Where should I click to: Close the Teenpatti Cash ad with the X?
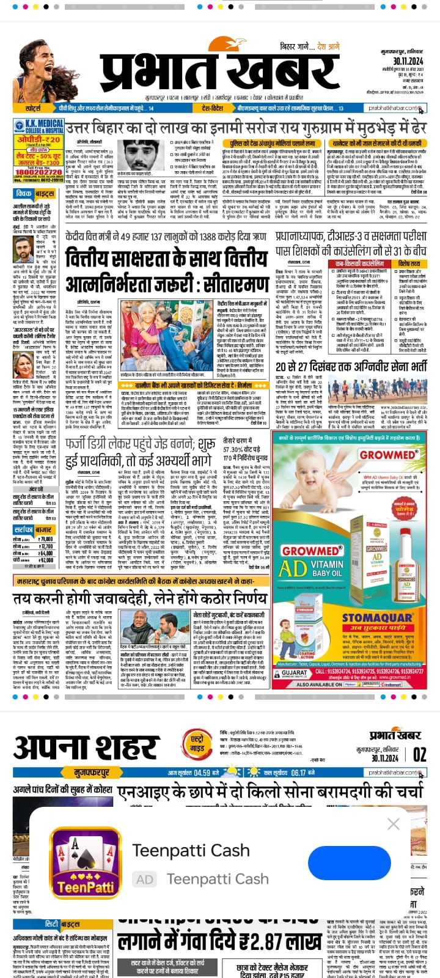pos(394,825)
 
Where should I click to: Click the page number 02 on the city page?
pos(420,754)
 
